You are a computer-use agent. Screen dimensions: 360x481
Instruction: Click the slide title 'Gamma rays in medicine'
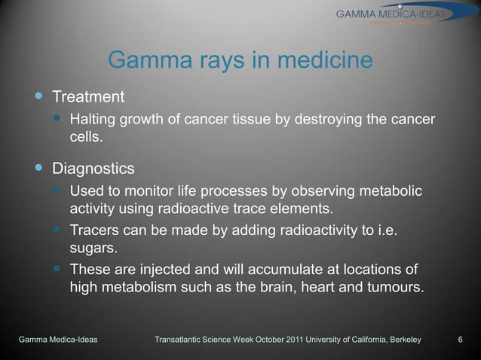point(240,59)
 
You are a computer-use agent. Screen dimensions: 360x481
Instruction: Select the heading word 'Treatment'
point(87,97)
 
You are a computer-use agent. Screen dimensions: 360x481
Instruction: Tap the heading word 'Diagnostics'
point(93,167)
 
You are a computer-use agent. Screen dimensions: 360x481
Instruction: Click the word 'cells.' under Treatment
point(86,138)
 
